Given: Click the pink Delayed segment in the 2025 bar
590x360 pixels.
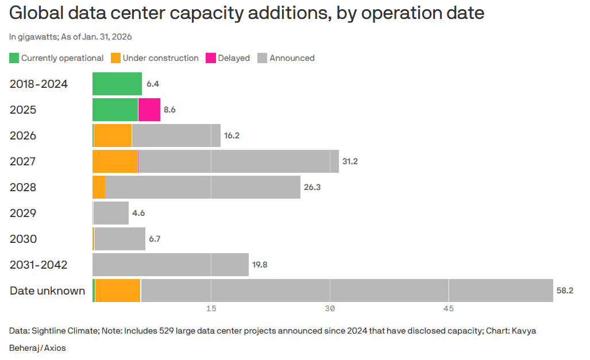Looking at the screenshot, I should tap(149, 110).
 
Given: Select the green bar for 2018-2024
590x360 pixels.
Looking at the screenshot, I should tap(117, 84).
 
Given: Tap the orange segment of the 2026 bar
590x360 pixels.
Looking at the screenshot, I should tap(113, 136).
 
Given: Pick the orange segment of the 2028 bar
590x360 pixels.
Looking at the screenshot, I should tap(99, 187).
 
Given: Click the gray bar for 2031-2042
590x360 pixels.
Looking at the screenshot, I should tap(171, 265).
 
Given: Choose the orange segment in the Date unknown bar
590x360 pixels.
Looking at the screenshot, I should tap(118, 291).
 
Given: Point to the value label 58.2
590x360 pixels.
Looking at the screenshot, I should tap(565, 291).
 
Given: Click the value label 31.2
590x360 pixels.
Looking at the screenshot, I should tap(350, 161).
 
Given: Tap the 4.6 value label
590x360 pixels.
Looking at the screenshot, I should tap(138, 213).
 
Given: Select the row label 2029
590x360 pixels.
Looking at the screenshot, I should tap(23, 213).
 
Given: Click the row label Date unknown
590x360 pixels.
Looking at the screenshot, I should tap(47, 291).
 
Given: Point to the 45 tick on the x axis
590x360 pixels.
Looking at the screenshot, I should tap(449, 309).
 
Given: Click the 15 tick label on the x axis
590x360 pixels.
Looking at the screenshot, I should tap(211, 309).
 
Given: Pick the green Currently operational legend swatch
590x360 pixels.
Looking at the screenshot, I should tap(14, 58).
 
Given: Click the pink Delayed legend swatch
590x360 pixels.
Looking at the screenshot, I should tap(210, 58).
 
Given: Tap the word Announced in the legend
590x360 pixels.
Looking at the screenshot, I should tap(292, 58).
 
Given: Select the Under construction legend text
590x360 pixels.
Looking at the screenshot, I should tap(160, 58).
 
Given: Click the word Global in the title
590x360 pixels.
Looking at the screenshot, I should tap(36, 13).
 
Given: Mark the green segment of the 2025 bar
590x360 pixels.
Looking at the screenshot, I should tap(115, 110).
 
